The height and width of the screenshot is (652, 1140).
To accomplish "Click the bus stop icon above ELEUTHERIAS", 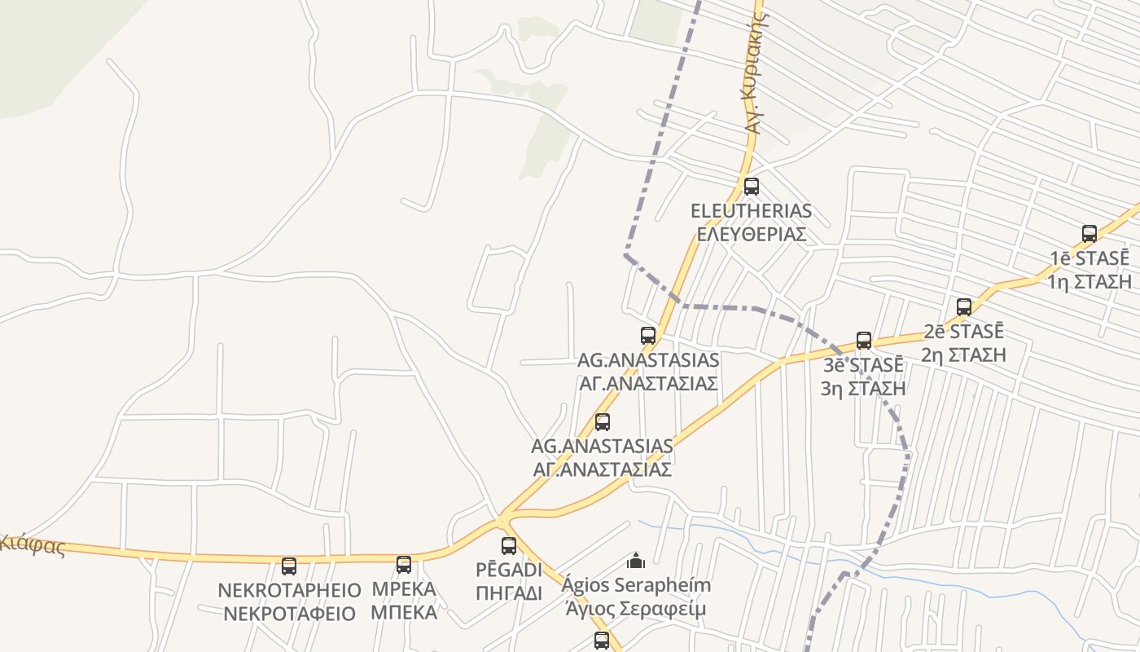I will point(751,186).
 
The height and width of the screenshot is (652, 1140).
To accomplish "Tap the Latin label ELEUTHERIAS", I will point(751,211).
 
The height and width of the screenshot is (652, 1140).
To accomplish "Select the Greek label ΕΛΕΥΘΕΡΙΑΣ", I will point(751,234).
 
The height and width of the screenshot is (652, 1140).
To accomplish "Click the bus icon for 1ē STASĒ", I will point(1089,234).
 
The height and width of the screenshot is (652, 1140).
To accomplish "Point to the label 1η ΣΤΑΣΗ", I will point(1090,282).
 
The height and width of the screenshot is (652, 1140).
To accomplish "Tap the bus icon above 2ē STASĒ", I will point(964,307).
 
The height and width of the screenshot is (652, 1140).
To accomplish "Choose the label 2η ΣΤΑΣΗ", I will point(964,355).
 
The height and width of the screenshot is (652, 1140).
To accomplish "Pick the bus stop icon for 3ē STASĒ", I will point(864,341).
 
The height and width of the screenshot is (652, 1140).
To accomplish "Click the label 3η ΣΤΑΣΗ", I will point(863,388).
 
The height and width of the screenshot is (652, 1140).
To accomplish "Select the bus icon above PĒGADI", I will point(509,546).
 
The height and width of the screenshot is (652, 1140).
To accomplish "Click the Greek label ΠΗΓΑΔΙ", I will point(509,593).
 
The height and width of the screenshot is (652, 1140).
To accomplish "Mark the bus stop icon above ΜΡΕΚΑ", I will point(404,565).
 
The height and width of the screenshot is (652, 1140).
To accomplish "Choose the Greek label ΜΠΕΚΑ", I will point(404,612).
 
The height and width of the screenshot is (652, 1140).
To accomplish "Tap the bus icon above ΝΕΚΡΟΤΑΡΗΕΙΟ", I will point(289,566).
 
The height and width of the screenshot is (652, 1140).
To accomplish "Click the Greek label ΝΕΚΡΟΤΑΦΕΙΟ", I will point(290,614).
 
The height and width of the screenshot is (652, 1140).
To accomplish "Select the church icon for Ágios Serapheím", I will point(636,561).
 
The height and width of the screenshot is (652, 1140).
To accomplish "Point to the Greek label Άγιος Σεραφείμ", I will point(638,609).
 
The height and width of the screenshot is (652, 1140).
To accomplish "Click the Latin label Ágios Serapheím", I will point(638,585).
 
